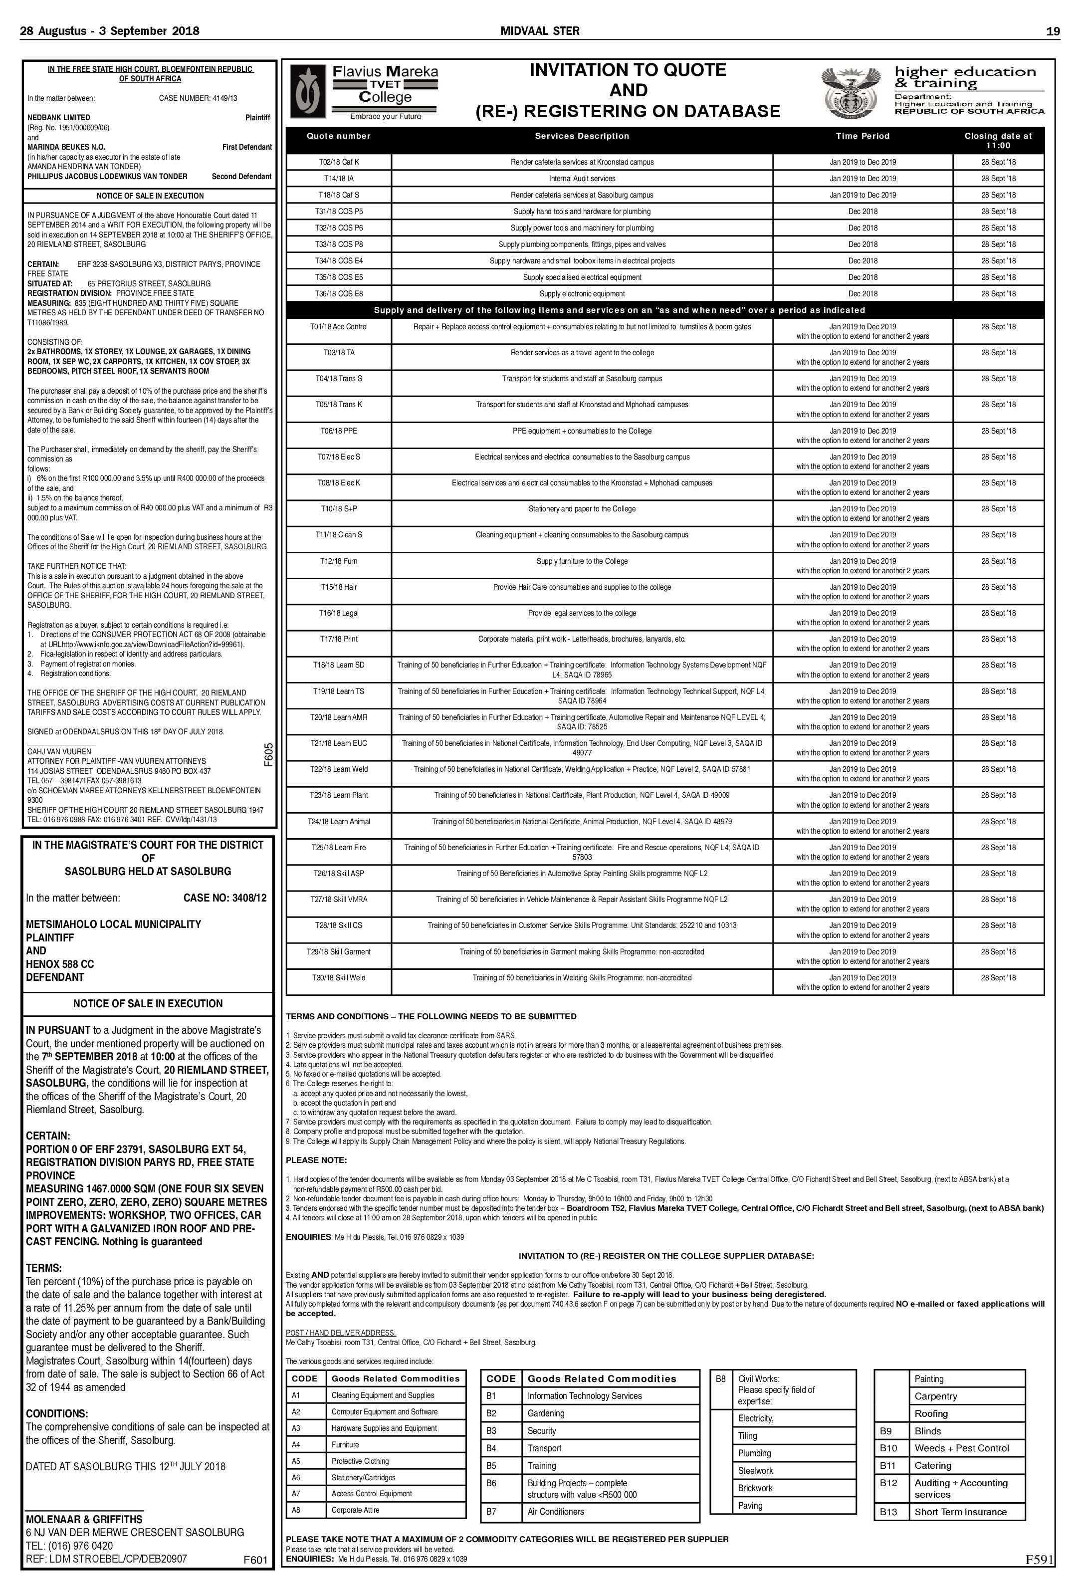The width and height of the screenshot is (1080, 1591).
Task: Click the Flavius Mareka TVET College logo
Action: [364, 92]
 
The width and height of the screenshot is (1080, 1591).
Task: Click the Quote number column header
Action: [338, 136]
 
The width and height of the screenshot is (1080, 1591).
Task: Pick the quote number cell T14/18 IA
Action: [339, 179]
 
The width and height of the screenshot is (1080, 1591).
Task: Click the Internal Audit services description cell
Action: [582, 179]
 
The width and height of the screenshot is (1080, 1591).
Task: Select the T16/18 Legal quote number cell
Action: [339, 613]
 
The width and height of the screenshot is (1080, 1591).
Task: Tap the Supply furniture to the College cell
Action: [582, 561]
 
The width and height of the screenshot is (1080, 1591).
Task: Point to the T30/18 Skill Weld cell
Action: [339, 978]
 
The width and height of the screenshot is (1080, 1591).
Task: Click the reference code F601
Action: [255, 1560]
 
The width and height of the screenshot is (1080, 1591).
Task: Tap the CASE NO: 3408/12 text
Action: [224, 898]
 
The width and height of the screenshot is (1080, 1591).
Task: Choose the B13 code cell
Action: [888, 1512]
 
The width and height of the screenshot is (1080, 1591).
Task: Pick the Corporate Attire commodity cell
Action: [355, 1510]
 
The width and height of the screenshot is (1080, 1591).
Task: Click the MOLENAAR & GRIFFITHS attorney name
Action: [84, 1519]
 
